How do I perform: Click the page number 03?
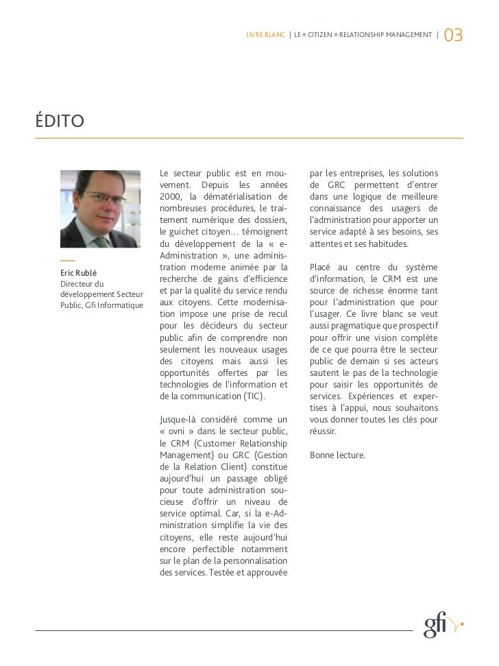pos(454,34)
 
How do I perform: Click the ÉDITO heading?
pos(60,122)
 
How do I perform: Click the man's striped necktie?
pos(101,241)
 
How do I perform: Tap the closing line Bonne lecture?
pos(337,455)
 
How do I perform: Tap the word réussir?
pos(323,431)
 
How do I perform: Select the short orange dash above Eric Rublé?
pos(67,261)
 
